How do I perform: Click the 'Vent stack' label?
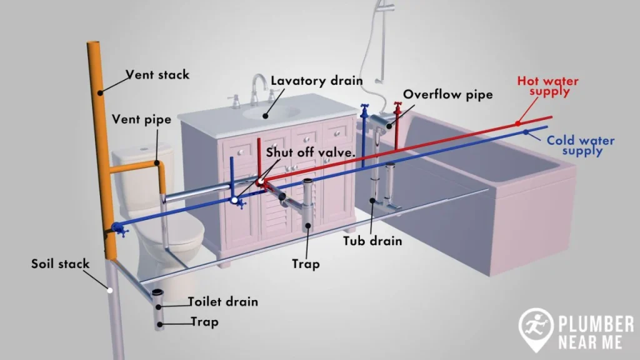pos(157,75)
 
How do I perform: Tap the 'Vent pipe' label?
pos(141,119)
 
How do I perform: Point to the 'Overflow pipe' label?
pos(447,94)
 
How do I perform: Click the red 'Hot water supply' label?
pos(547,86)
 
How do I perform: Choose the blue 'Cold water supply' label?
pos(580,146)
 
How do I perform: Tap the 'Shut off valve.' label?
pos(311,152)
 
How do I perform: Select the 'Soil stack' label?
pos(61,264)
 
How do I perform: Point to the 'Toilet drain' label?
pos(223,302)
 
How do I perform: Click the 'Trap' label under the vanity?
pos(306,264)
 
